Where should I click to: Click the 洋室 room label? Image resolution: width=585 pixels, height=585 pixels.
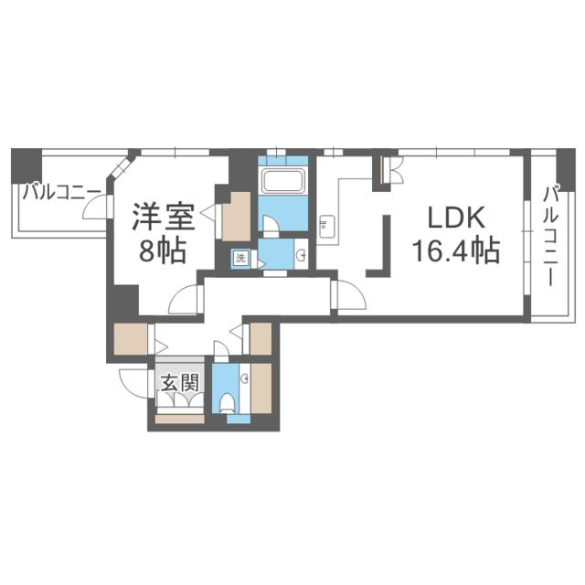click(x=164, y=217)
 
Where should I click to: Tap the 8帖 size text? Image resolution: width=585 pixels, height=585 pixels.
click(x=163, y=250)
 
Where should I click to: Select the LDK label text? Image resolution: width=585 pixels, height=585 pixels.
click(x=456, y=218)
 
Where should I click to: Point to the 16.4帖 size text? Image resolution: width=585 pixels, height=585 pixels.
click(x=456, y=250)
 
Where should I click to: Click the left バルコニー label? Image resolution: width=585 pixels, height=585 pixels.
click(x=61, y=193)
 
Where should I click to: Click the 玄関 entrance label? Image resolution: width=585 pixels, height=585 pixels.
click(x=180, y=383)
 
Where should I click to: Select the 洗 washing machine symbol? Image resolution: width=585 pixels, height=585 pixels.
click(x=241, y=258)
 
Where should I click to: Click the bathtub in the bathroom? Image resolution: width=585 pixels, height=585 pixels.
click(x=283, y=181)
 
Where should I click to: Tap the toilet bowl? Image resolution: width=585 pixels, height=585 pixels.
click(x=227, y=403)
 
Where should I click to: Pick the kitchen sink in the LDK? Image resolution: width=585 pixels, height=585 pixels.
click(x=327, y=227)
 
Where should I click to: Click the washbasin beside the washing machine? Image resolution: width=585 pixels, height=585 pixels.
click(x=301, y=255)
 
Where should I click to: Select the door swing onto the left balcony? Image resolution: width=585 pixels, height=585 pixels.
click(x=95, y=207)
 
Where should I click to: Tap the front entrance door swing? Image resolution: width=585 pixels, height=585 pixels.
click(x=133, y=384)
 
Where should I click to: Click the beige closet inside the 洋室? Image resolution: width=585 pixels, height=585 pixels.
click(x=236, y=217)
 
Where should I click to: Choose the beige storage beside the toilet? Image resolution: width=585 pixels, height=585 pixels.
click(x=261, y=388)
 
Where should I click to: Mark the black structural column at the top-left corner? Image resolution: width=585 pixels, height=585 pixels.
click(x=27, y=165)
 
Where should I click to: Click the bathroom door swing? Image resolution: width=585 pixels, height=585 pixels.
click(x=271, y=224)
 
